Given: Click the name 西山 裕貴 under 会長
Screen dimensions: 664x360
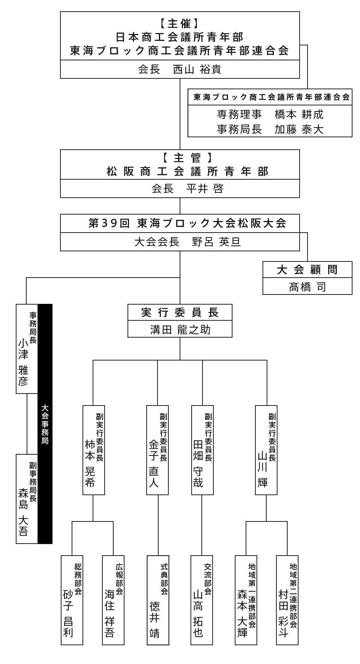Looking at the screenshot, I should tap(197, 70).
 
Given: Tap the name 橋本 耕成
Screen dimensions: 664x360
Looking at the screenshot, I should tap(299, 114).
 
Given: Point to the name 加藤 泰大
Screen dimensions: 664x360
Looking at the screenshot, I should tap(299, 129).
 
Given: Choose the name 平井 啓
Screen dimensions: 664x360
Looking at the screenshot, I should tap(205, 188).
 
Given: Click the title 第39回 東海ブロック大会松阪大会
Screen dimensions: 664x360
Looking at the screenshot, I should tap(187, 224).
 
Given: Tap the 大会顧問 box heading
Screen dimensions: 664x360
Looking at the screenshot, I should tap(307, 270).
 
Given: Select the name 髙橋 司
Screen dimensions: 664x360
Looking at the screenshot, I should tap(307, 287).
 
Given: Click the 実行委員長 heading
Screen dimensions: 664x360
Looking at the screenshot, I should tap(180, 312).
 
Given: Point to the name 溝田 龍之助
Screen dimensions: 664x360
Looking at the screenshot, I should tap(180, 330).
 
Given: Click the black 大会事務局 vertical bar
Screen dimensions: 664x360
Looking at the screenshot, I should tap(45, 424).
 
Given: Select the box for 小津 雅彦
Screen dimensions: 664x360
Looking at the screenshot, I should tap(27, 349).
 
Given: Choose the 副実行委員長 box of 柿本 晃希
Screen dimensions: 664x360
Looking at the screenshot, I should tap(94, 450).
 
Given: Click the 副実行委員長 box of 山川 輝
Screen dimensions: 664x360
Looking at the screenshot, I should tap(266, 450).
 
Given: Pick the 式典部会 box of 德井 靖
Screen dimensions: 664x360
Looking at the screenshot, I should tap(158, 600).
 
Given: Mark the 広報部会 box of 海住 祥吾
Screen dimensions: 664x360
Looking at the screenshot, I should tap(113, 600).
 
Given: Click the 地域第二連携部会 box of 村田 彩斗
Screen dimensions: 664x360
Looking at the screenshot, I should tap(287, 600).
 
